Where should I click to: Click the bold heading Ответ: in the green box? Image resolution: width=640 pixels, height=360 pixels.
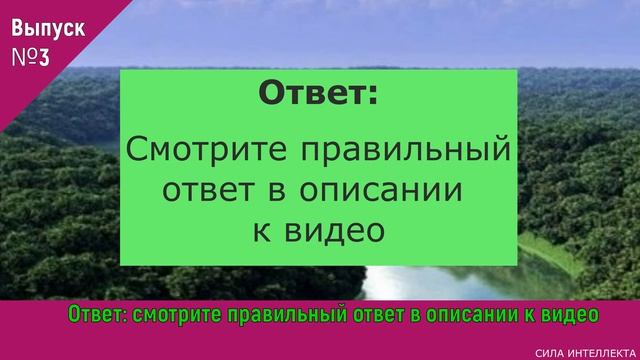point(319,95)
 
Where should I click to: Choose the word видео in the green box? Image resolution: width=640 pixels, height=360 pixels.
point(335,229)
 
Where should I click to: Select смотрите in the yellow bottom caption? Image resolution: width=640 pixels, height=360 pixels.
point(184,315)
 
